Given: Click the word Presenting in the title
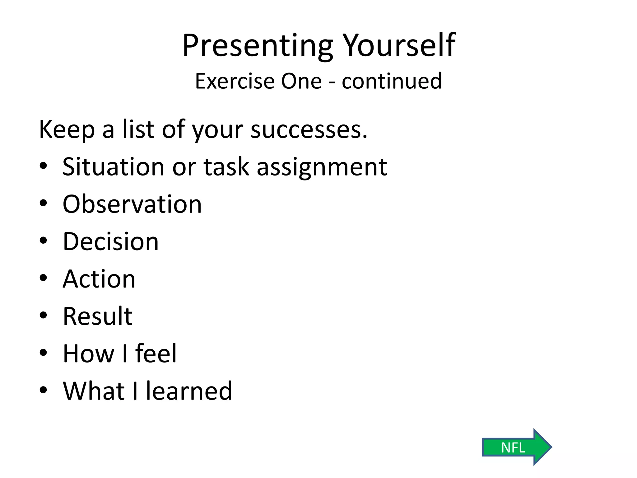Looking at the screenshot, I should (258, 46).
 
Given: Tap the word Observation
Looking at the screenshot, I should (132, 204).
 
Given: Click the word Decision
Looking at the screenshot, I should (111, 242).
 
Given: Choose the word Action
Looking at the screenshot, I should (99, 279).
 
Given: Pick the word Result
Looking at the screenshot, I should (98, 316).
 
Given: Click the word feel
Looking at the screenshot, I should (156, 354).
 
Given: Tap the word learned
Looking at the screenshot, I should (189, 391).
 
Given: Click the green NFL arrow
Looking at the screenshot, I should (516, 448).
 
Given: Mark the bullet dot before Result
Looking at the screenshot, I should (43, 315).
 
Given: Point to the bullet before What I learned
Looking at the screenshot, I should (43, 390).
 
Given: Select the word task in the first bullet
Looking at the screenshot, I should (226, 167).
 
